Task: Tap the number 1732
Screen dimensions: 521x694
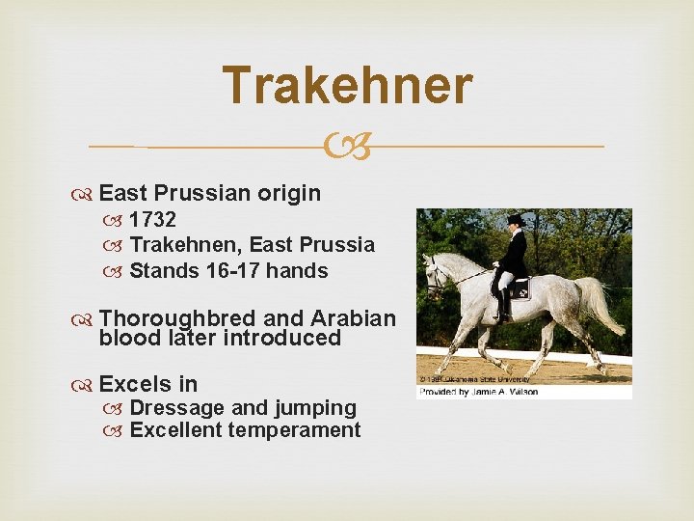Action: [x=152, y=220]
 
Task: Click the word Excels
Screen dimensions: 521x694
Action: [x=135, y=384]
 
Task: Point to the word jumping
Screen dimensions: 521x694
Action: [x=314, y=409]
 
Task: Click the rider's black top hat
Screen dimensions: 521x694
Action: [x=515, y=219]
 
